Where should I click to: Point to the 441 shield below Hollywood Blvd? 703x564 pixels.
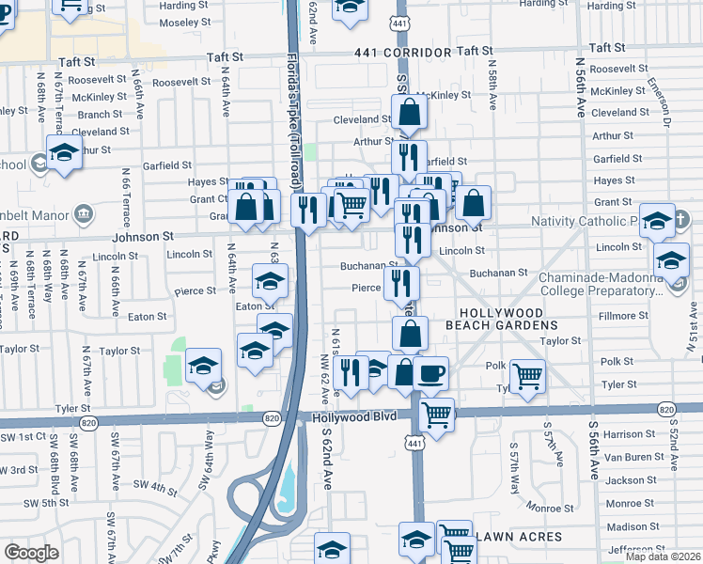[x=414, y=441]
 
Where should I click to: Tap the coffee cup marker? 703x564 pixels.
[x=430, y=373]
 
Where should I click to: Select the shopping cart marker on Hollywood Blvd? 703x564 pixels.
[x=436, y=413]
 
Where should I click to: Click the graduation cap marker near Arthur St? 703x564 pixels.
[x=64, y=151]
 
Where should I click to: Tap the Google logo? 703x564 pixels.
[x=31, y=553]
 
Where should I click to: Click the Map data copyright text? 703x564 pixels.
[x=662, y=556]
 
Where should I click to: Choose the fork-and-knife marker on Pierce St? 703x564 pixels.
[x=401, y=281]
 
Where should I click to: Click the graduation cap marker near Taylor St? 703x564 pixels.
[x=203, y=365]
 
